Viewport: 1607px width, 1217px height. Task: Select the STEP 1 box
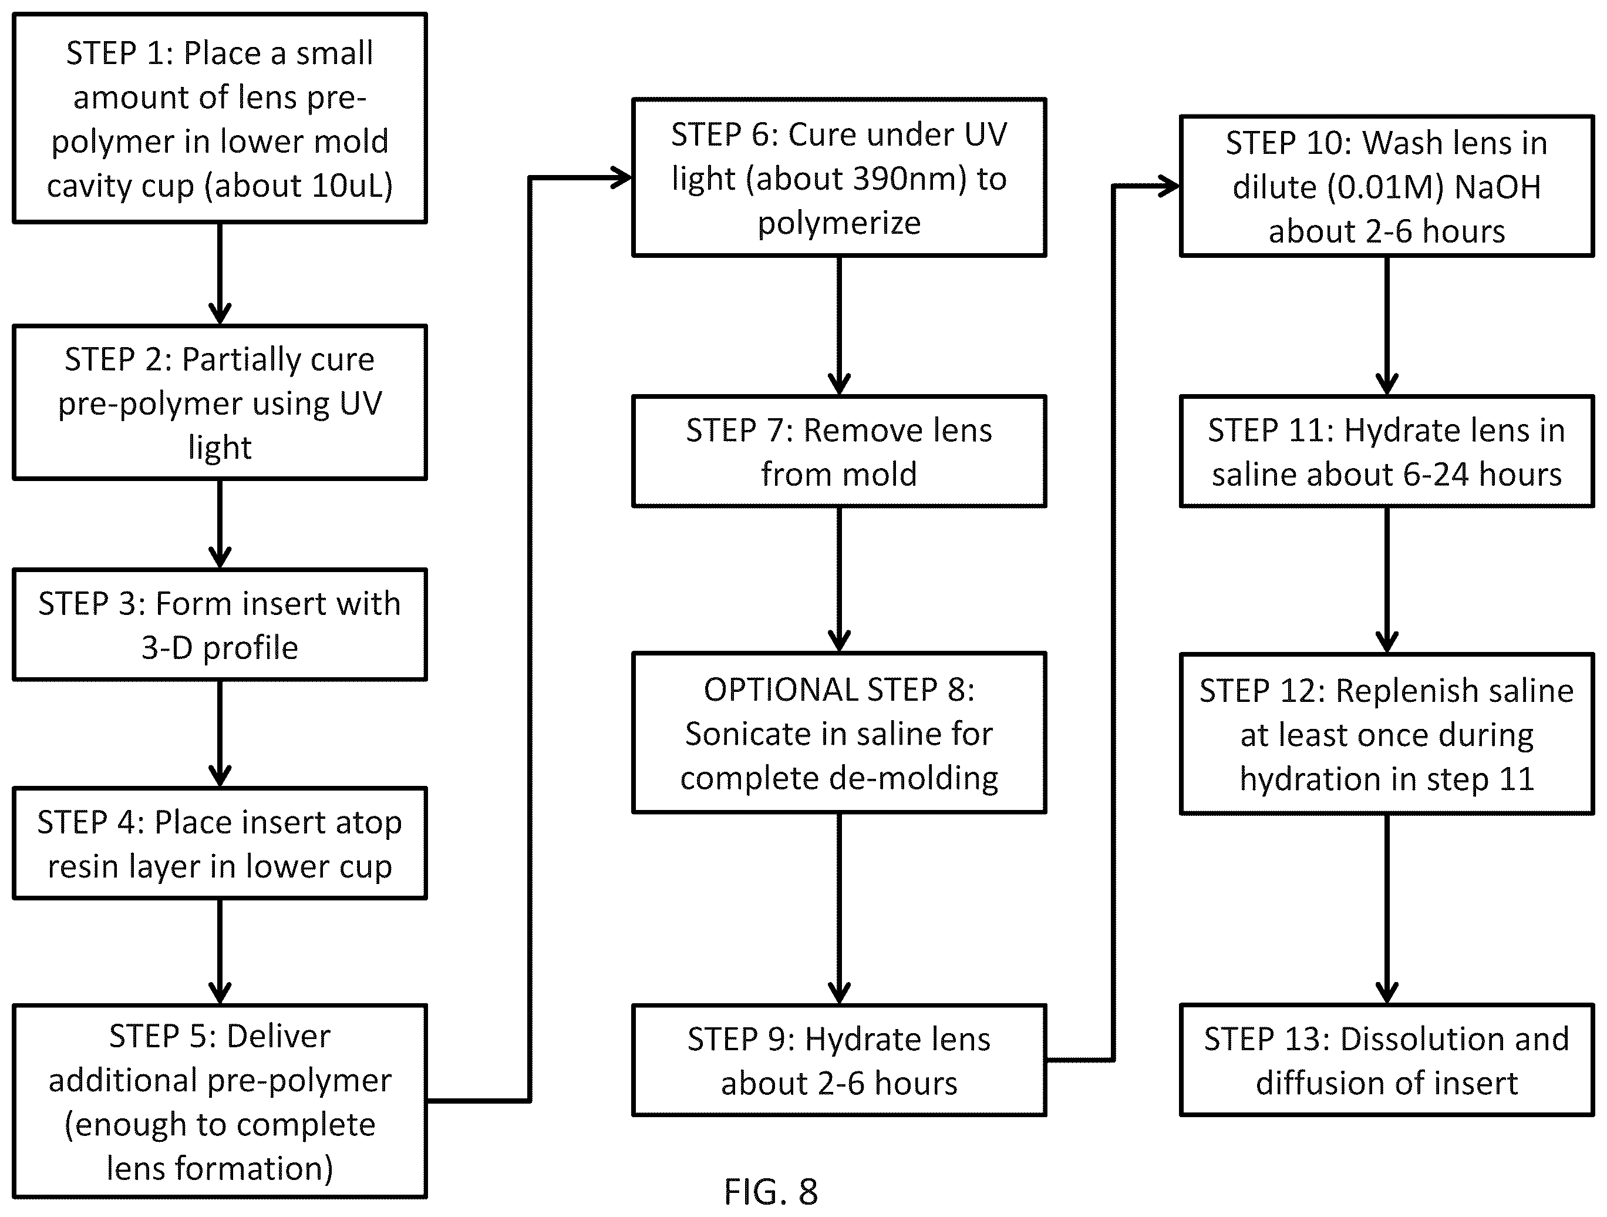[x=220, y=117]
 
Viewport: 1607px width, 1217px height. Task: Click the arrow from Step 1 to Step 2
[x=220, y=274]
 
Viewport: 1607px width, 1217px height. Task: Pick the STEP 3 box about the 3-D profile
[x=220, y=625]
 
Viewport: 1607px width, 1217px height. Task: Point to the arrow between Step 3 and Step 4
[x=220, y=734]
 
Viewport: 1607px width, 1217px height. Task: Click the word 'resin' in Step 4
[x=83, y=866]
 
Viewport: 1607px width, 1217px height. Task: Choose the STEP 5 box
[x=220, y=1101]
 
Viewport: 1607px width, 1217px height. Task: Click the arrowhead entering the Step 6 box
[x=621, y=177]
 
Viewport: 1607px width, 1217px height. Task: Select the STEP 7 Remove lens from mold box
[x=839, y=451]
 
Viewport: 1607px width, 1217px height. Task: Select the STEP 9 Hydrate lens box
[x=839, y=1060]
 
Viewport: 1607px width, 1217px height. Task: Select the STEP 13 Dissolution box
[x=1387, y=1060]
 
